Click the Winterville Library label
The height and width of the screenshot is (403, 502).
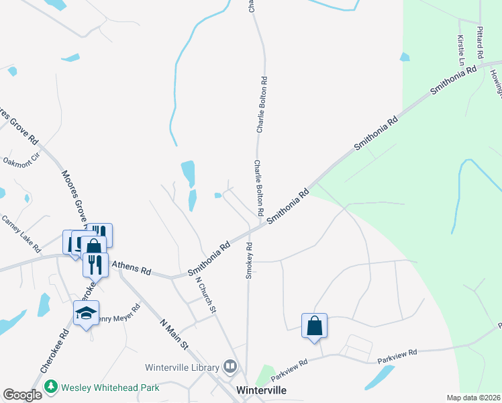click(x=182, y=367)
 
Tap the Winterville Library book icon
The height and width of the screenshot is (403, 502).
click(x=231, y=367)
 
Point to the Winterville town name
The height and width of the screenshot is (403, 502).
click(x=262, y=390)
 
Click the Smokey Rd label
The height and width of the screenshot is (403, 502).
click(x=248, y=259)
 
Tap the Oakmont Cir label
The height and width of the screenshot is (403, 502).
click(x=21, y=161)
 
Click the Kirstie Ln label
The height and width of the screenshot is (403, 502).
click(x=461, y=50)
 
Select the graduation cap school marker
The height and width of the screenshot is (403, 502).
click(x=87, y=313)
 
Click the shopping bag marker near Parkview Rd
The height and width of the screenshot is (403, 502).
click(x=314, y=326)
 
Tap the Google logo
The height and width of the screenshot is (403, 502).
click(x=23, y=395)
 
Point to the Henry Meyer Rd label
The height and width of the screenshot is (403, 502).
click(x=119, y=314)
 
